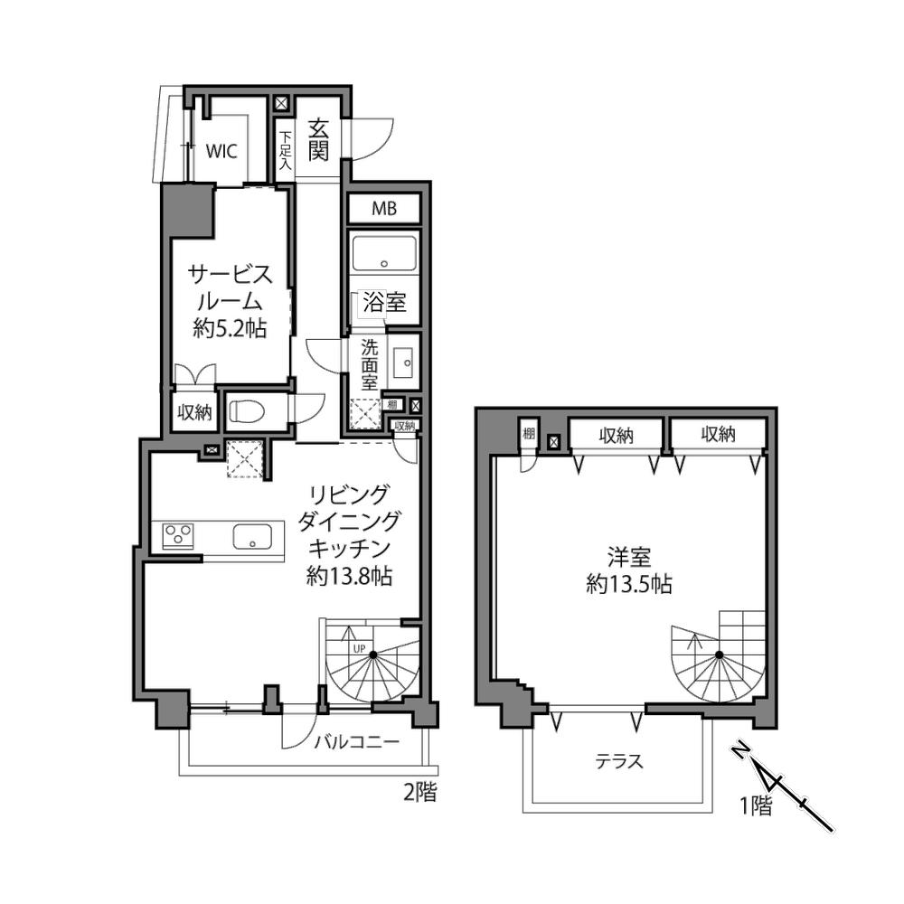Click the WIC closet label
pos(222,151)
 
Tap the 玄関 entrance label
pos(318,139)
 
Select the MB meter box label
pos(384,208)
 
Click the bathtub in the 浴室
pos(384,253)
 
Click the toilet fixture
pos(247,411)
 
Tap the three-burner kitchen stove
pos(178,535)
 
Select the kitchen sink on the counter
pos(252,536)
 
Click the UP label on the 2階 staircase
pos(359,648)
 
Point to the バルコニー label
pos(357,741)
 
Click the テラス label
pos(619,761)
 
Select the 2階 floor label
pos(419,793)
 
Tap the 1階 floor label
pos(756,806)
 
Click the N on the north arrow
pos(742,751)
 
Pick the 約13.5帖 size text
pos(629,585)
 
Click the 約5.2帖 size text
pos(230,329)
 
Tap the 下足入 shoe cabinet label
pos(286,150)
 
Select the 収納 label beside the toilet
pos(194,412)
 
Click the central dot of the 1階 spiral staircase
pos(719,654)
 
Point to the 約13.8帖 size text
pos(349,575)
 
